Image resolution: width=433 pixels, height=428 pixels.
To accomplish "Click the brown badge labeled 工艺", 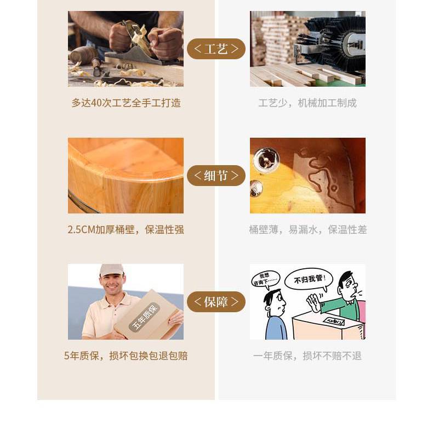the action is pyautogui.click(x=216, y=49).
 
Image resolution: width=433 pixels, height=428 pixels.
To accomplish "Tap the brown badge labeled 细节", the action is pyautogui.click(x=216, y=176).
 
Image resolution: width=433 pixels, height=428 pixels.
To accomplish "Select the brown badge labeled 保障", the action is pyautogui.click(x=216, y=302).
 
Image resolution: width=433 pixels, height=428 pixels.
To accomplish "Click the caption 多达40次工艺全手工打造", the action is pyautogui.click(x=126, y=103).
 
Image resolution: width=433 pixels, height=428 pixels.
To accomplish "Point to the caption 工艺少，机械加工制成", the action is pyautogui.click(x=307, y=103).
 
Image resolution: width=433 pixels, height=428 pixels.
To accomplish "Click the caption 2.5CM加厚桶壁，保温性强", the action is pyautogui.click(x=126, y=229).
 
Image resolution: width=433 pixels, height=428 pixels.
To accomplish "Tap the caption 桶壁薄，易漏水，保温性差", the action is pyautogui.click(x=307, y=229).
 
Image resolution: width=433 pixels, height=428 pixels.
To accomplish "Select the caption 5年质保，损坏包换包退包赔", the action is pyautogui.click(x=126, y=356).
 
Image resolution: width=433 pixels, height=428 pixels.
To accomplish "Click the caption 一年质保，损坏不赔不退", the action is pyautogui.click(x=307, y=356).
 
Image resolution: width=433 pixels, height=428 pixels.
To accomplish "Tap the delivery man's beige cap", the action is pyautogui.click(x=112, y=269).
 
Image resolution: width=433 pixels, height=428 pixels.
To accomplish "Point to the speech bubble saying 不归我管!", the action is pyautogui.click(x=309, y=279).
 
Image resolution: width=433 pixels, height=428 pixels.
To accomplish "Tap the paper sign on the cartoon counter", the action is pyautogui.click(x=334, y=322).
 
